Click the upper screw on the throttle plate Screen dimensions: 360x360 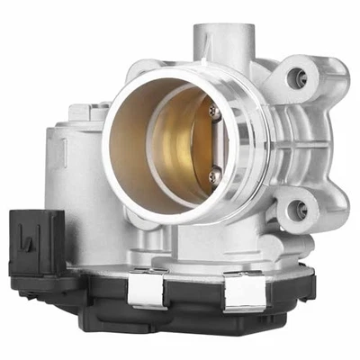pos(213,112)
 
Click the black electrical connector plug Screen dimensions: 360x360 pos(36,243)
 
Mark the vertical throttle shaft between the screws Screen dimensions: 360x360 pos(215,141)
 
